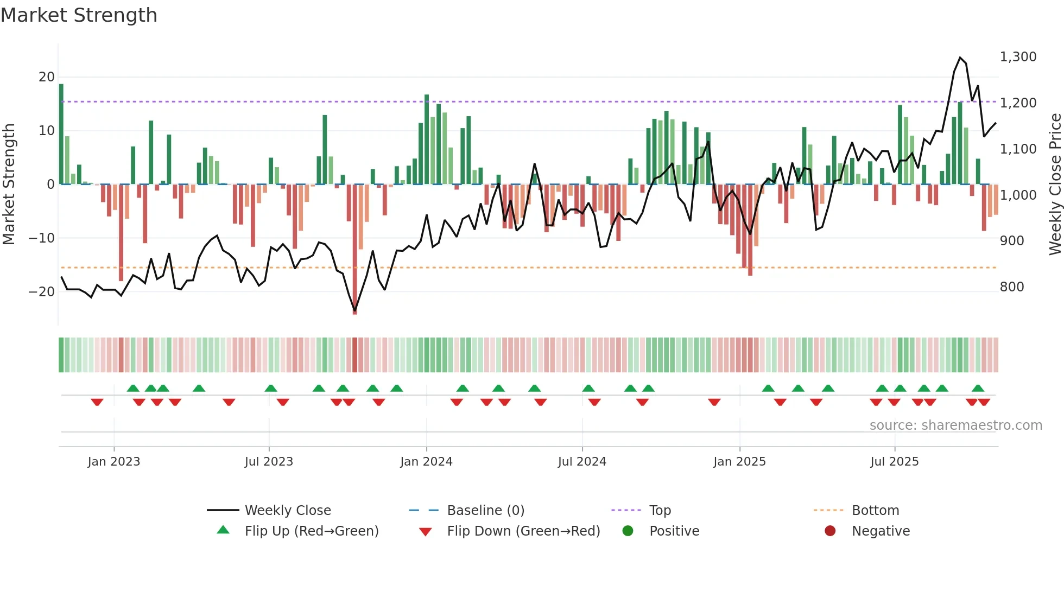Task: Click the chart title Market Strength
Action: [79, 15]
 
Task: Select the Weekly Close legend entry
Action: [287, 510]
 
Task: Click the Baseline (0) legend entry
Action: [485, 510]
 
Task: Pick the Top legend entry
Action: [660, 510]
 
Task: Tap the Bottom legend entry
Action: [875, 510]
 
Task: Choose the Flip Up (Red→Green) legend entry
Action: [311, 531]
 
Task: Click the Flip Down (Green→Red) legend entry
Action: [523, 531]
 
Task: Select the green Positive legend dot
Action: [628, 531]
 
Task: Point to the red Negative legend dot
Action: [830, 531]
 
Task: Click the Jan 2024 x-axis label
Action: [426, 461]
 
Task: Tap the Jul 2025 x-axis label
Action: [894, 461]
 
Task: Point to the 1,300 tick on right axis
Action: [1018, 57]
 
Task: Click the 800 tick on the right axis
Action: [1012, 287]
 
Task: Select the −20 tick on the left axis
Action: [42, 291]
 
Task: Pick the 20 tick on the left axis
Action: [47, 77]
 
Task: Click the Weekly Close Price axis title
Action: [1055, 184]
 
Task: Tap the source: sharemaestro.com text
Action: [955, 425]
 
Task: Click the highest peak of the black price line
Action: [960, 58]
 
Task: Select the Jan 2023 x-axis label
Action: [114, 461]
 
